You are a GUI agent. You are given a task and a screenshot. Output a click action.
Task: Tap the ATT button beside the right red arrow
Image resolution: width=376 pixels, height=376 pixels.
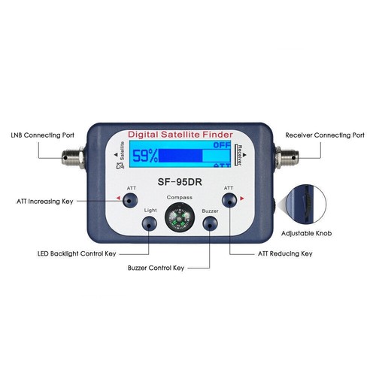227,199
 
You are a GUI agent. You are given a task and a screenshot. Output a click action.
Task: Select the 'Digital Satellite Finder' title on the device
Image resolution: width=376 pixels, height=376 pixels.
178,133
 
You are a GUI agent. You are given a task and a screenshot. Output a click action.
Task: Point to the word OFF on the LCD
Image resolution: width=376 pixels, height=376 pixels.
222,145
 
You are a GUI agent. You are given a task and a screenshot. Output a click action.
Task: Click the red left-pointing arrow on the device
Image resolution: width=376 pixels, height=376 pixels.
117,199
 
